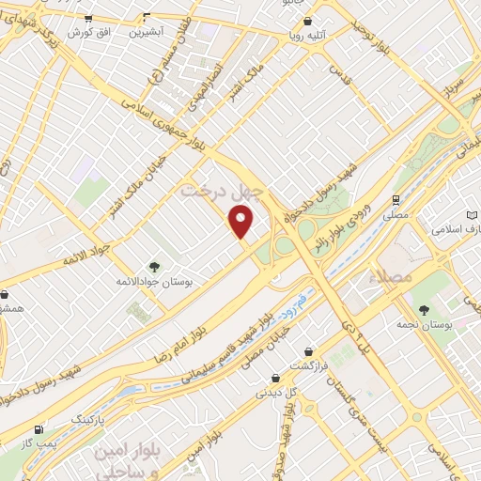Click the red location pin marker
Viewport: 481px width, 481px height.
tap(242, 222)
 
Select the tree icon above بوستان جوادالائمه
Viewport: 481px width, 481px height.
tap(154, 267)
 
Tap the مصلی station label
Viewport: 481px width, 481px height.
tap(396, 215)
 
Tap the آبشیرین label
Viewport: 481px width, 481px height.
tap(146, 31)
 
